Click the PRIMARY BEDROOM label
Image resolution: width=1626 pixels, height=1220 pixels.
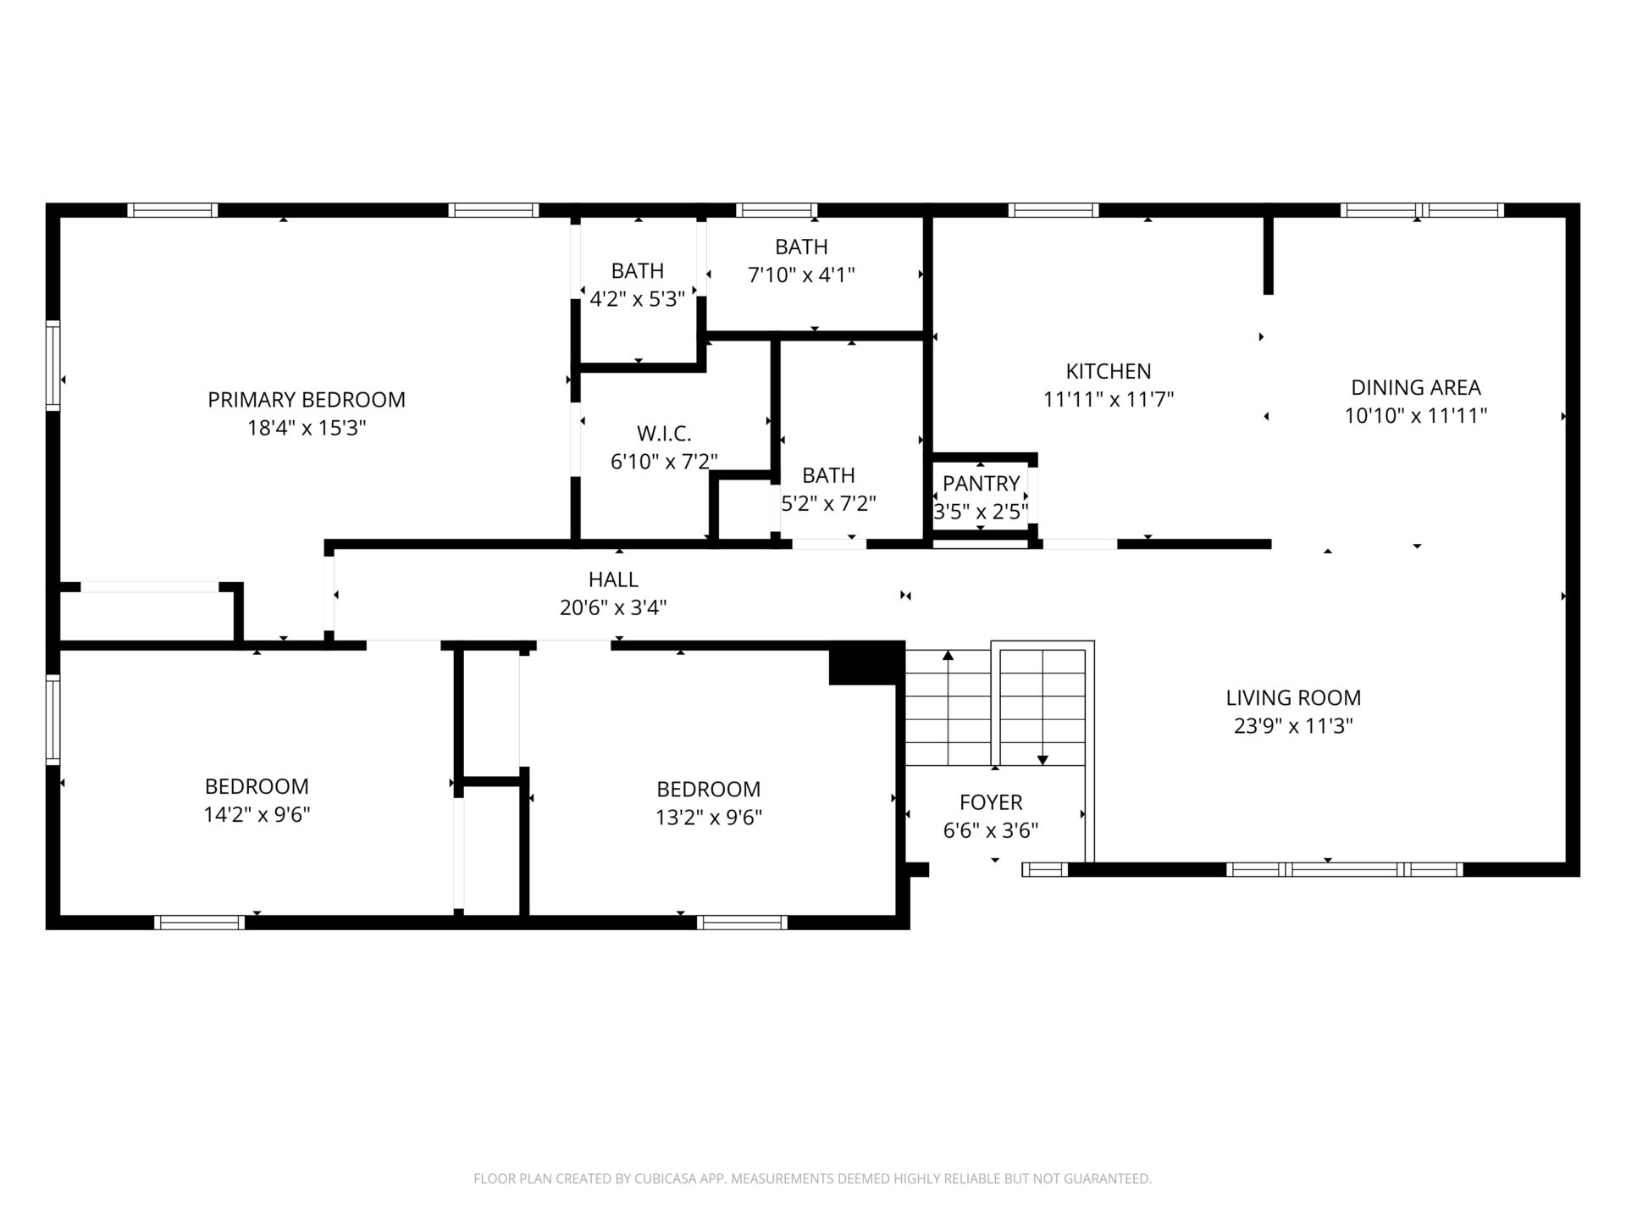[x=307, y=400]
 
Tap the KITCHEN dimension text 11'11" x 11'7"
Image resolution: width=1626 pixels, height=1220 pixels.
[x=1109, y=399]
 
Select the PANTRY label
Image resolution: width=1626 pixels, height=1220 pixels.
[x=981, y=484]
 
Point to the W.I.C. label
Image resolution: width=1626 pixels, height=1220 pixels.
[x=664, y=434]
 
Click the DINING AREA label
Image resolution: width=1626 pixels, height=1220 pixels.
[x=1416, y=388]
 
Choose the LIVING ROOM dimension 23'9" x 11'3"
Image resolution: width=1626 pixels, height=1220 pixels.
[x=1293, y=726]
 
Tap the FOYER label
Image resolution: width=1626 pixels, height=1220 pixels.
[x=991, y=802]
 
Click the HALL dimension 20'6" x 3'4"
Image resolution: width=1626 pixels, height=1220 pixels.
[x=613, y=607]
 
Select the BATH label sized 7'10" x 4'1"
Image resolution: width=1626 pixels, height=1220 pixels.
[x=801, y=247]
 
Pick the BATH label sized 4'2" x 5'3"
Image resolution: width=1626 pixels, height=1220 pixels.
[x=638, y=270]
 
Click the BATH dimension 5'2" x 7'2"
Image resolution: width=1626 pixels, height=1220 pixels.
[x=828, y=504]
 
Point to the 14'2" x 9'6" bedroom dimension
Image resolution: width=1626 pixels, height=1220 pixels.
[x=257, y=815]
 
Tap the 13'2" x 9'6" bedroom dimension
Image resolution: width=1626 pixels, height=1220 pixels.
[x=709, y=818]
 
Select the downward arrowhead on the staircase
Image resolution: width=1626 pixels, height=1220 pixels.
[x=1043, y=760]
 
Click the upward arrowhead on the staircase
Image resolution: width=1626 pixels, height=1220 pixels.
[x=948, y=655]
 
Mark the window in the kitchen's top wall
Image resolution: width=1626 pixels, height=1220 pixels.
[x=1054, y=210]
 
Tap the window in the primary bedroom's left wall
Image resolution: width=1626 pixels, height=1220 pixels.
[x=53, y=365]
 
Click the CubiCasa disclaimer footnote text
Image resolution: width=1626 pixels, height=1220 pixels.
[x=813, y=1178]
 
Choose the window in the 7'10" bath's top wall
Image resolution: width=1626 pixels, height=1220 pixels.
[x=777, y=210]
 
